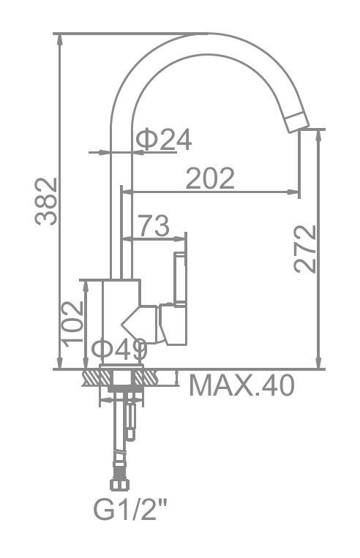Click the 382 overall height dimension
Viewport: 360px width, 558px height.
tap(46, 201)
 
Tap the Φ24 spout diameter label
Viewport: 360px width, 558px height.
tap(164, 140)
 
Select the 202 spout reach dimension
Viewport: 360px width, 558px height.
tap(211, 178)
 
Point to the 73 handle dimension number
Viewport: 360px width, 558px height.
tap(154, 226)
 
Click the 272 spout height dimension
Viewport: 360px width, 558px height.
tap(305, 249)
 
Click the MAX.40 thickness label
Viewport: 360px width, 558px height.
tap(242, 385)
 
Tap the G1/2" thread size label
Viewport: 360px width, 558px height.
tap(130, 510)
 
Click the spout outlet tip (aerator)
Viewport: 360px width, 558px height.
tap(297, 123)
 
